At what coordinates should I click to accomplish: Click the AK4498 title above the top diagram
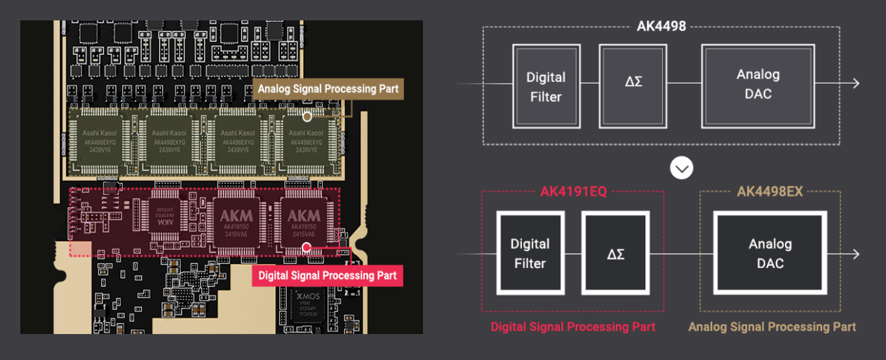661,27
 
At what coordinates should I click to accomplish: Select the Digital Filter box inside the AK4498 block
546,86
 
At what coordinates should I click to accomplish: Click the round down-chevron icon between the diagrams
682,168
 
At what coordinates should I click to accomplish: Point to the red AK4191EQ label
573,192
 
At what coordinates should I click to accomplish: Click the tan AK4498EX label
770,192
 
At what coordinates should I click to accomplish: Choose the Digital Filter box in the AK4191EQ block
530,253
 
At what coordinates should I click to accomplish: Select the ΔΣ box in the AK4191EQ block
616,253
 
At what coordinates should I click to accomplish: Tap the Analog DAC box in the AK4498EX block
770,253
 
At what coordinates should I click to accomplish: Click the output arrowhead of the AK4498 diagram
855,84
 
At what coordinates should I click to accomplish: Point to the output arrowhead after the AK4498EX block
855,253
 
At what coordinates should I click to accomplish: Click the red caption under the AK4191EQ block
572,327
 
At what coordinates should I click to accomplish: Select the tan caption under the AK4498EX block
772,327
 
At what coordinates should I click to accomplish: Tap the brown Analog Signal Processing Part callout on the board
328,89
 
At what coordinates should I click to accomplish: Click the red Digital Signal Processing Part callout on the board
328,275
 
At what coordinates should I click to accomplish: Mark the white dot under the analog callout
307,116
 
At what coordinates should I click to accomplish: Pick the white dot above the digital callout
307,247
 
